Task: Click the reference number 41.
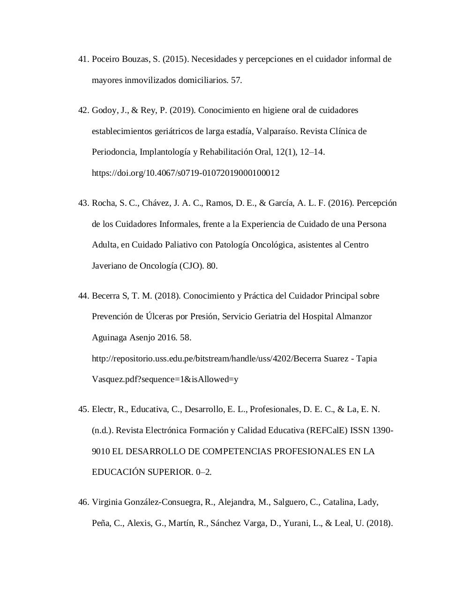tap(83, 59)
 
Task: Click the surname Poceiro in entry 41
tap(106, 59)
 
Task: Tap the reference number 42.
tap(83, 110)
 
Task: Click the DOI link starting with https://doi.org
tap(186, 173)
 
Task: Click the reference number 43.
tap(83, 203)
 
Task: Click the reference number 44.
tap(83, 296)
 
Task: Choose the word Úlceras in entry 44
tap(159, 316)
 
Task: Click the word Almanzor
tap(353, 316)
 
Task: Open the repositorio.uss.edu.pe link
tap(234, 359)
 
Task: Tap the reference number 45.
tap(83, 409)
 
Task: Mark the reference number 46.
tap(83, 502)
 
